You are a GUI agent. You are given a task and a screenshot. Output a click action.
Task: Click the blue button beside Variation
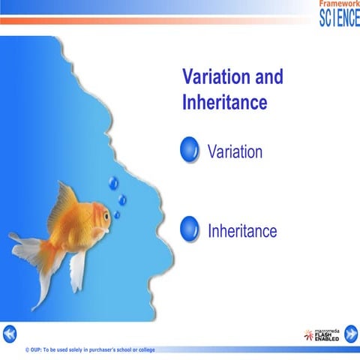(x=190, y=150)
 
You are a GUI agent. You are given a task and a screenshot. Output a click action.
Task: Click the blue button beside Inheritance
(x=190, y=228)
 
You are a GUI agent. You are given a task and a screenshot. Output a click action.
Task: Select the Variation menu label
(x=235, y=151)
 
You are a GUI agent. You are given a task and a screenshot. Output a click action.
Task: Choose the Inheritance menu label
(x=241, y=230)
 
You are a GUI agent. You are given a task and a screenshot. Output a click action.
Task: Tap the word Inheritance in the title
(x=224, y=102)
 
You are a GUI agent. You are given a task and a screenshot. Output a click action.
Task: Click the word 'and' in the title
(x=268, y=76)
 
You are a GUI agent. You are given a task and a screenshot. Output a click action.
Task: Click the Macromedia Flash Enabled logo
(x=321, y=335)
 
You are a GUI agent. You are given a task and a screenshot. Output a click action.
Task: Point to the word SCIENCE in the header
(x=339, y=18)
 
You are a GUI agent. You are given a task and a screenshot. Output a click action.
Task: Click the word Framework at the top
(x=339, y=4)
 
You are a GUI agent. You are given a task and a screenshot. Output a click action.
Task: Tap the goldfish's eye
(x=106, y=215)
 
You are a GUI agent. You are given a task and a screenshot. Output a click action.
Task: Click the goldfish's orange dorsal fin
(x=65, y=202)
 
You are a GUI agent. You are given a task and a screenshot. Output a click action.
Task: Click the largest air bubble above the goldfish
(x=113, y=182)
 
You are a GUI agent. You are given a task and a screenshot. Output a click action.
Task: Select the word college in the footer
(x=165, y=350)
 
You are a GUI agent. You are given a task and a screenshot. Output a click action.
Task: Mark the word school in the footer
(x=138, y=350)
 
